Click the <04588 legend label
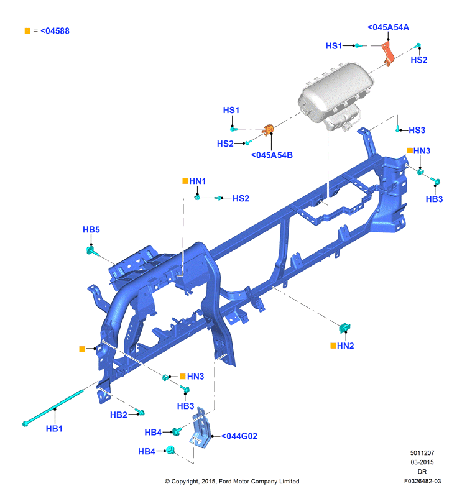[55, 31]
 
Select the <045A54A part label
[388, 27]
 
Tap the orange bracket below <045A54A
[388, 53]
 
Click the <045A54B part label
[272, 155]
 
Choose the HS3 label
[417, 130]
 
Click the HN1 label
[197, 181]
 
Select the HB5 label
[91, 229]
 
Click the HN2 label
[345, 346]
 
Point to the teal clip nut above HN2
[344, 328]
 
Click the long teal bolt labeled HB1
[53, 408]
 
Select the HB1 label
[54, 428]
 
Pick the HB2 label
[118, 415]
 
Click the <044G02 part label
[239, 436]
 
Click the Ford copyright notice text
[232, 481]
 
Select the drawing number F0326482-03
[422, 481]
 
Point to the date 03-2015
[422, 462]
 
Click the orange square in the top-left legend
[27, 30]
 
